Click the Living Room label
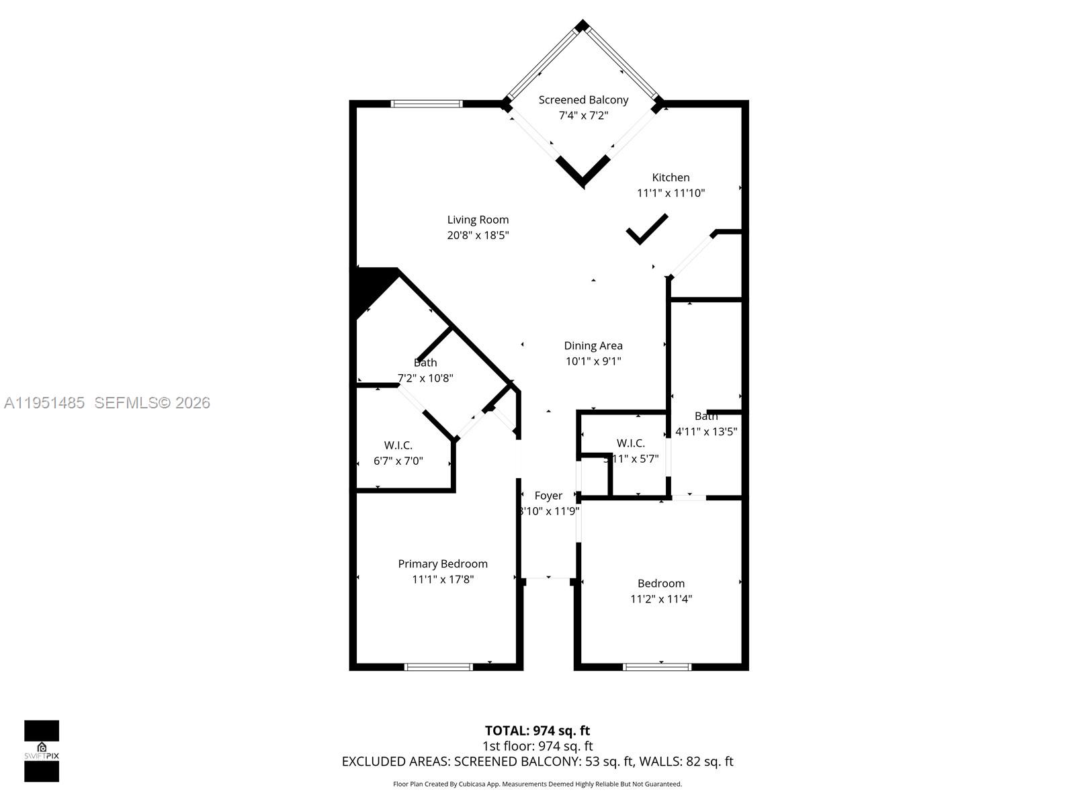[x=478, y=220]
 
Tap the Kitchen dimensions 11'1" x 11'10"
[x=671, y=193]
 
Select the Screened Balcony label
[x=583, y=100]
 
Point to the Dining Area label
[x=593, y=346]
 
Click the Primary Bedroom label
[x=442, y=564]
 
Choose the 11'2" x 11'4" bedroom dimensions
[x=661, y=599]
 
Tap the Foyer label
[x=548, y=496]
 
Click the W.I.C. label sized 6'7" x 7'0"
[x=398, y=445]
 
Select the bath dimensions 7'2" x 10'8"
[x=425, y=378]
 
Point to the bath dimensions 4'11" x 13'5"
[x=705, y=432]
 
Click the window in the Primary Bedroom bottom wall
[x=439, y=667]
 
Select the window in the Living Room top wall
[x=427, y=104]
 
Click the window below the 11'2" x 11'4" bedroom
[x=656, y=667]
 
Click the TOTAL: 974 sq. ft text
[x=537, y=731]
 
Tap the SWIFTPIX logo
[x=42, y=751]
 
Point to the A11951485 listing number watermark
[x=44, y=403]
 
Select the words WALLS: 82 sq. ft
[x=685, y=762]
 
